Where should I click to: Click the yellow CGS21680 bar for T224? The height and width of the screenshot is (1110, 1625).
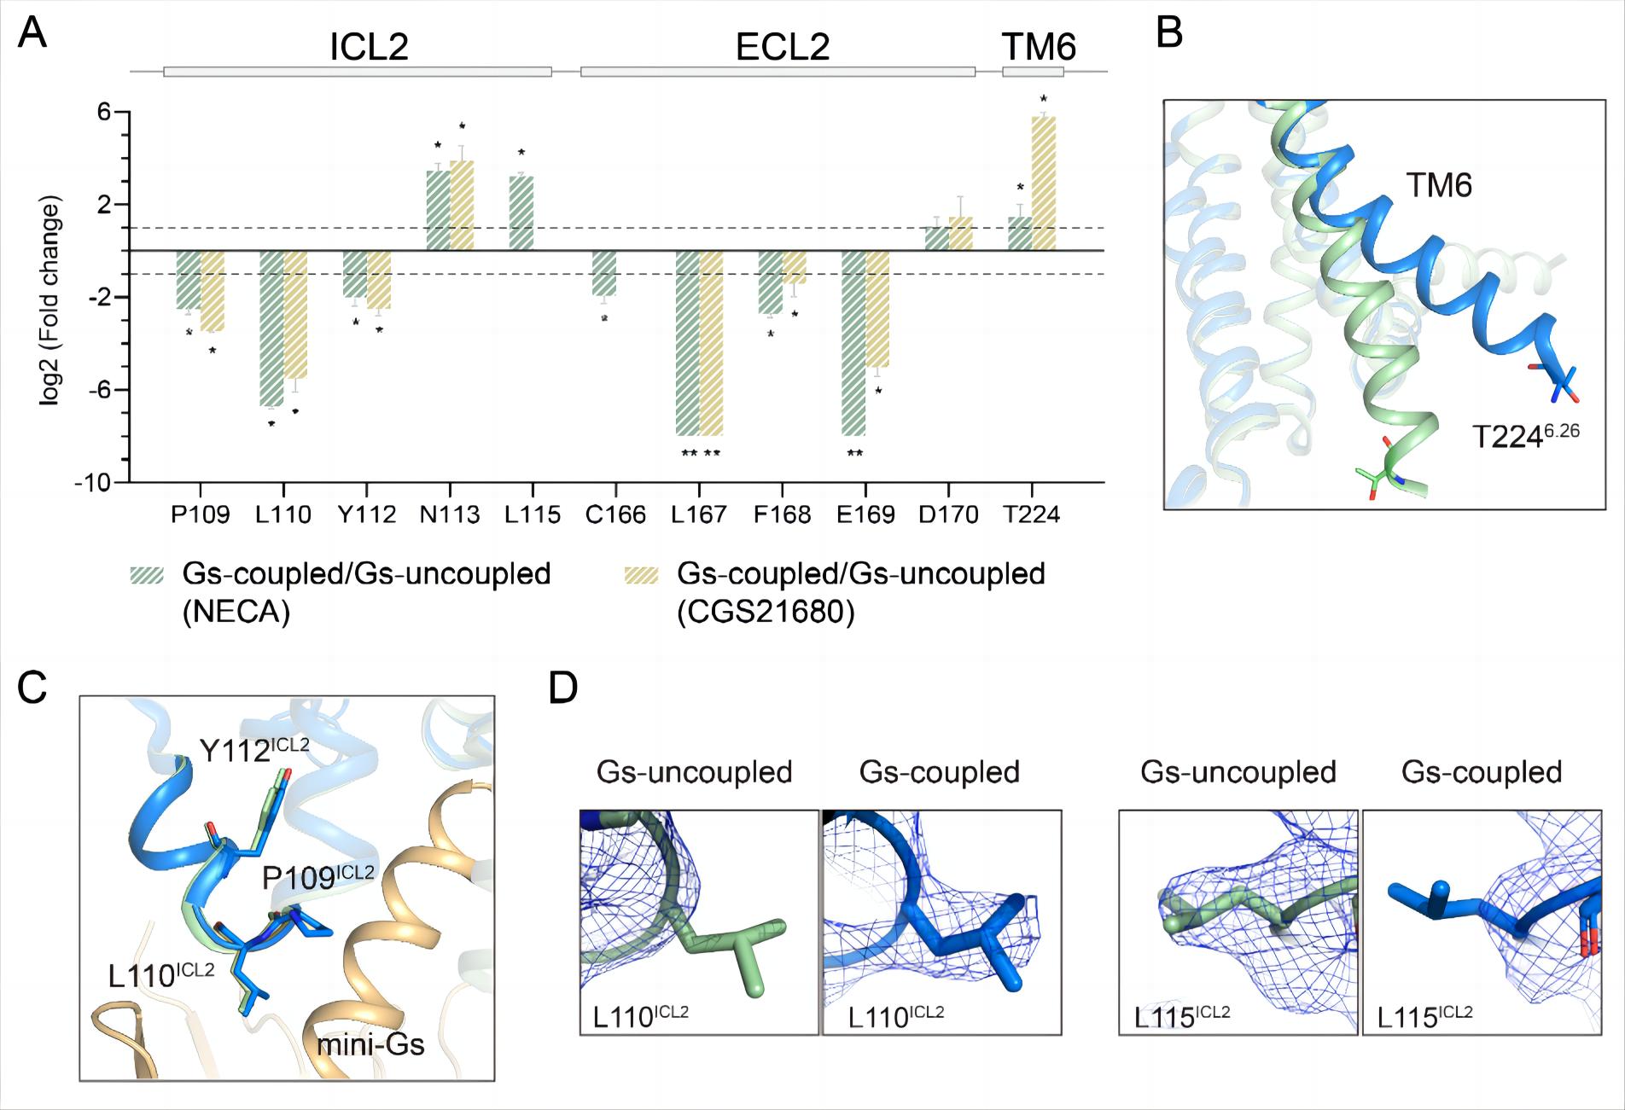(x=1043, y=183)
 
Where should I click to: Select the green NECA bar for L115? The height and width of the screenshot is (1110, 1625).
(x=521, y=213)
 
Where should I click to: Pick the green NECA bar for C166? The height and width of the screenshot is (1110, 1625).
(x=603, y=273)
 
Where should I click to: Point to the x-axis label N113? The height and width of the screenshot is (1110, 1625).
(x=449, y=515)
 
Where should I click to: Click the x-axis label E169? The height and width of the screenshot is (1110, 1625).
(x=865, y=515)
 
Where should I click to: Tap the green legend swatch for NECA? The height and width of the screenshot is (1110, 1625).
(x=146, y=575)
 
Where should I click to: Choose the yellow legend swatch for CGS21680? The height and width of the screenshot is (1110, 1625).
(x=642, y=575)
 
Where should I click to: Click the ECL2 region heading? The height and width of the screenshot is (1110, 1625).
(x=782, y=47)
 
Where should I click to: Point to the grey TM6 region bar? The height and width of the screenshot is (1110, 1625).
(x=1033, y=72)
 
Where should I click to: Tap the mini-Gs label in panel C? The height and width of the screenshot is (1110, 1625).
(x=370, y=1044)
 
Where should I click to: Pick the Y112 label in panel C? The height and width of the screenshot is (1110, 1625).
(x=253, y=750)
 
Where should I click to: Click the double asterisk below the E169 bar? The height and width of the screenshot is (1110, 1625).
(x=854, y=453)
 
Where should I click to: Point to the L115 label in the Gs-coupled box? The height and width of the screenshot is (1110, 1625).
(x=1424, y=1015)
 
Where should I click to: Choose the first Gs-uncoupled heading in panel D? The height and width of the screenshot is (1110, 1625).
(x=694, y=772)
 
